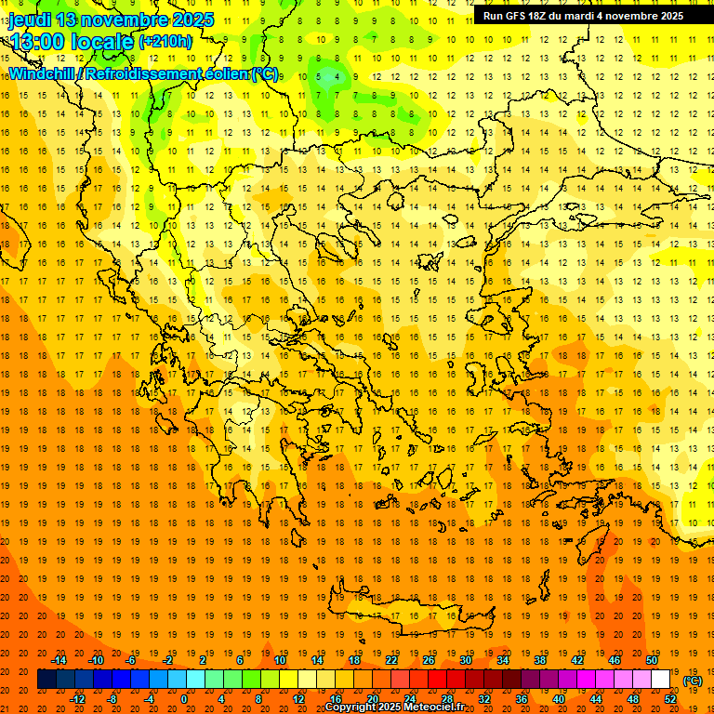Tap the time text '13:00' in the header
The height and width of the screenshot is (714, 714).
pos(40,41)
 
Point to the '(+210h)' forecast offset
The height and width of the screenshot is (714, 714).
pos(165,42)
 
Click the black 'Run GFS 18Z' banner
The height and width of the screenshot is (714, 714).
pos(583,15)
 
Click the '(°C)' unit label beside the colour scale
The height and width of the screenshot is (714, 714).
pos(693,681)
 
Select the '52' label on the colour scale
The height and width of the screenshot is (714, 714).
pos(670,698)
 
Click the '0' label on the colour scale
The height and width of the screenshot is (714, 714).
pos(184,698)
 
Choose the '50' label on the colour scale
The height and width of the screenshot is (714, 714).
pos(651,660)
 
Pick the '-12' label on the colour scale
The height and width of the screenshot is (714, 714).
pos(77,698)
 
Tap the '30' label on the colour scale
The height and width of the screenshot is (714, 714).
pos(465,660)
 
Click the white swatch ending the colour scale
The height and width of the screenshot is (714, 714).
pos(660,679)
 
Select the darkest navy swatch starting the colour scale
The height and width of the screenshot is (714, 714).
pos(46,679)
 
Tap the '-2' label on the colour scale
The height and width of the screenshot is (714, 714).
pos(168,660)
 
